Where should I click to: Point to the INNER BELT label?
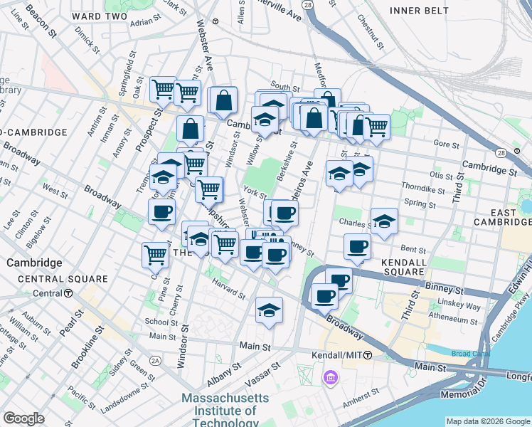419,11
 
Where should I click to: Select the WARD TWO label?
100,16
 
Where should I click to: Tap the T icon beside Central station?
68,293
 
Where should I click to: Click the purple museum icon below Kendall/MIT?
330,376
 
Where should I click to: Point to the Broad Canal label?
471,354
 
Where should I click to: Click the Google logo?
23,418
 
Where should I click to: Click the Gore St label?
447,144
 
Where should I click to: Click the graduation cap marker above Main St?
269,310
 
